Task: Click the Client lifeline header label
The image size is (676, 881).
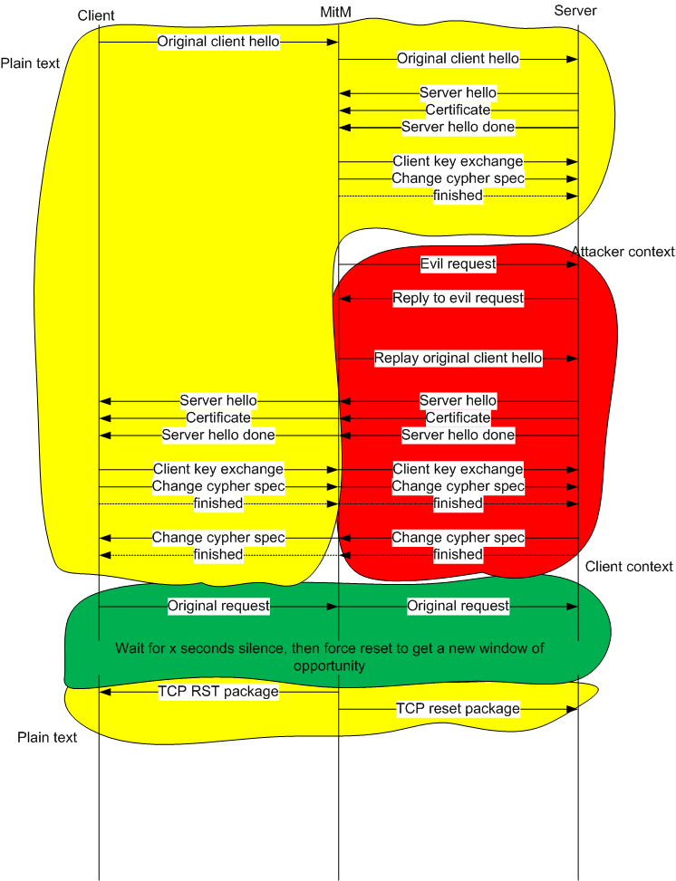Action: (x=96, y=15)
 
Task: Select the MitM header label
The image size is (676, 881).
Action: (x=336, y=12)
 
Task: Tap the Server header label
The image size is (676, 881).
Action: (x=575, y=11)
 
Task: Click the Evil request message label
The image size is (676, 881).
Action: (x=459, y=264)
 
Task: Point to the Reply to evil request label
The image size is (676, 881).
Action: (x=459, y=298)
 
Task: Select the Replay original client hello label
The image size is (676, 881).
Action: (x=459, y=358)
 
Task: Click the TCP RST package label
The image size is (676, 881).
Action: (x=218, y=692)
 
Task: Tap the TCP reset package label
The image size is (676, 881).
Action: (x=459, y=708)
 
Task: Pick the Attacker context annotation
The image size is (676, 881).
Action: (x=623, y=252)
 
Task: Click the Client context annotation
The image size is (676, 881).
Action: (x=629, y=567)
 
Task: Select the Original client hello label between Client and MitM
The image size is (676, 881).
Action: (x=218, y=42)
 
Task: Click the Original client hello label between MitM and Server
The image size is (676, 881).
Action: (x=459, y=59)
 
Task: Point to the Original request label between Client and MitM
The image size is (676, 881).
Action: (x=218, y=606)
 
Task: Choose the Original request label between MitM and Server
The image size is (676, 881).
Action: (x=459, y=606)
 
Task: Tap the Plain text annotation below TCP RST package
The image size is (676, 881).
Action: (x=47, y=737)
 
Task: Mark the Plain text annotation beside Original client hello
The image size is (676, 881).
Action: (x=30, y=63)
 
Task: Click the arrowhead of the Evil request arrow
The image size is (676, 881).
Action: (x=573, y=264)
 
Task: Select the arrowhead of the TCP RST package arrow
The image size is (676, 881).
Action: (x=105, y=692)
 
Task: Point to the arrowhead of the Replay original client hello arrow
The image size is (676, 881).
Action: (x=573, y=359)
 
